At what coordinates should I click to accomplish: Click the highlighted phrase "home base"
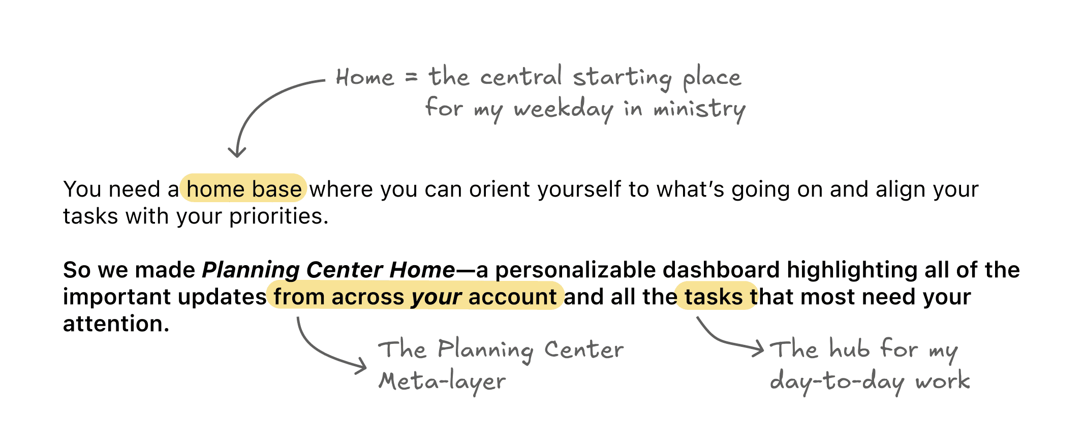(244, 189)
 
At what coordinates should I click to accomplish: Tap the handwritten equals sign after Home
(411, 78)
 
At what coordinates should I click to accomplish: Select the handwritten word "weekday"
(563, 109)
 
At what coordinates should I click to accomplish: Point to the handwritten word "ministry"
(699, 109)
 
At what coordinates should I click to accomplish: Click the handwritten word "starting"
(622, 78)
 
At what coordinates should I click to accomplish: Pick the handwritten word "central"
(521, 77)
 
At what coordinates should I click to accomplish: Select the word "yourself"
(579, 189)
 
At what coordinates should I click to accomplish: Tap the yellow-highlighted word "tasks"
(714, 297)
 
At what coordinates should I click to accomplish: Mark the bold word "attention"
(115, 324)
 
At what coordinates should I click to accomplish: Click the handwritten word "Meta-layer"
(442, 381)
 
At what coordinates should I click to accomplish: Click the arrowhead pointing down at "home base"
(237, 152)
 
